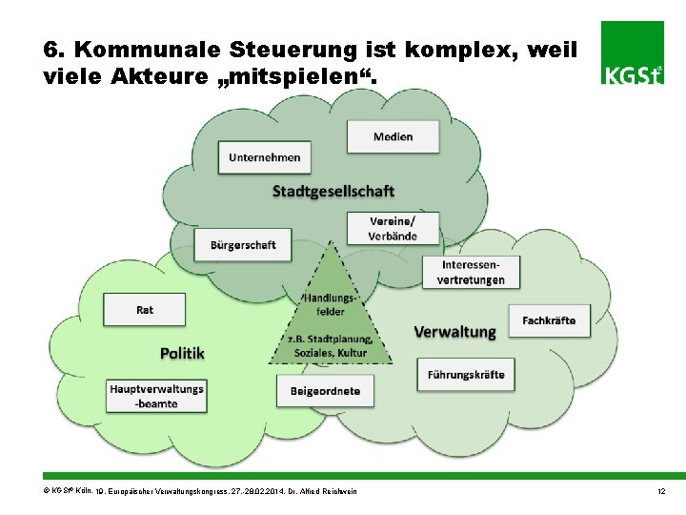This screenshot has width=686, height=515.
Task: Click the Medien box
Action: pos(393,136)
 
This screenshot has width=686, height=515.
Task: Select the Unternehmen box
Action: pos(265,157)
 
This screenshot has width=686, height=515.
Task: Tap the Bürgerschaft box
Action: pos(243,245)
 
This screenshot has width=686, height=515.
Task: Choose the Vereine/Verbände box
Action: pos(393,229)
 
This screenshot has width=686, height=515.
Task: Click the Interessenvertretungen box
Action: pos(471,272)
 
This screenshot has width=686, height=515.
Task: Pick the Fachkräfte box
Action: pos(549,320)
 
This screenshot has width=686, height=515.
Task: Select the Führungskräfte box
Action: pos(466,374)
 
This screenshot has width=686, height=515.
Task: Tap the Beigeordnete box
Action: pos(325,391)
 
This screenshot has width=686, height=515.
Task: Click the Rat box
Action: pos(145,310)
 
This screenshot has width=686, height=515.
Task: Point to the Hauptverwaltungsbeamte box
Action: pos(156,396)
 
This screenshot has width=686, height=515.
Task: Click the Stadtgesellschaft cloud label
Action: pos(333,191)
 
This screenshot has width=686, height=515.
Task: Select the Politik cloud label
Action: pos(182,353)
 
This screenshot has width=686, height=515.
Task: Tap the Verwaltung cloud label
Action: pos(454,332)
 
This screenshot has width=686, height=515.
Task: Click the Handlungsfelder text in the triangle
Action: pos(331,304)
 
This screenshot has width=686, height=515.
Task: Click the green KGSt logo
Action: pos(633,52)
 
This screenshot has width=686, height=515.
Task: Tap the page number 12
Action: pos(660,490)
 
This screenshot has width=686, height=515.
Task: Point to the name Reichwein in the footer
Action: pos(340,491)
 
